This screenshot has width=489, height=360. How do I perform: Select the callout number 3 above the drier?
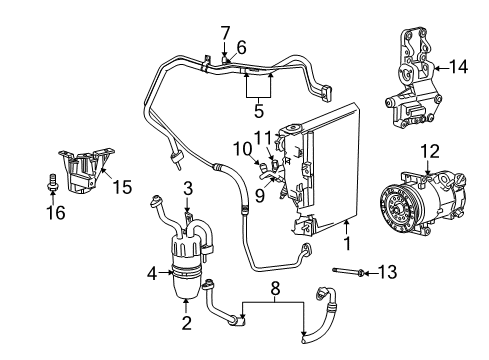pyautogui.click(x=187, y=187)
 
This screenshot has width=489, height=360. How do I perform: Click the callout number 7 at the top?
pyautogui.click(x=225, y=33)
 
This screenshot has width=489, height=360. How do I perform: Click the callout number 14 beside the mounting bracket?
pyautogui.click(x=460, y=67)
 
